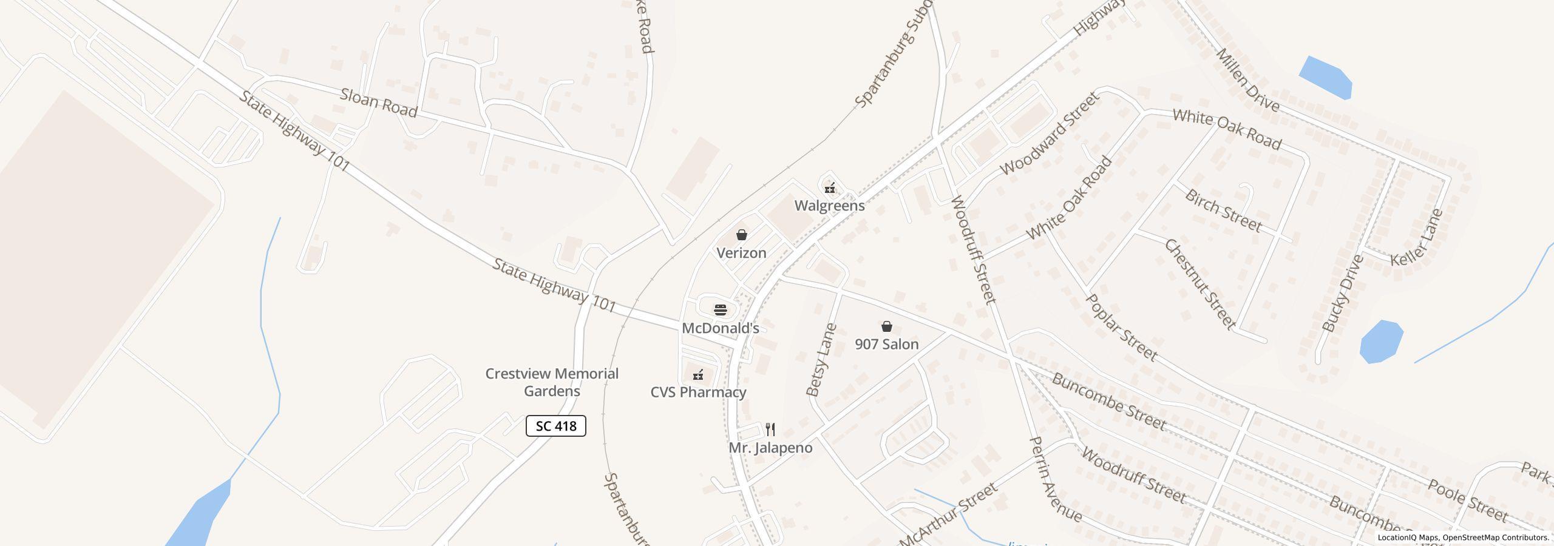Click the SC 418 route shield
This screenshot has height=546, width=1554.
pos(555,426)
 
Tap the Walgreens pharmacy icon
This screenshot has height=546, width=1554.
pos(830,188)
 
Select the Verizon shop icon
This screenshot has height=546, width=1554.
pos(741,235)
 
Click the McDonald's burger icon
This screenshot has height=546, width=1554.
pos(721,310)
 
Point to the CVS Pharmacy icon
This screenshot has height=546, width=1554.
pos(698,375)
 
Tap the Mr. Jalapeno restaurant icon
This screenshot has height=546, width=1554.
pos(770,430)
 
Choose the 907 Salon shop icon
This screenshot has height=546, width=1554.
pos(887,326)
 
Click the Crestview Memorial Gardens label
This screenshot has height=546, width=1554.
pos(552,382)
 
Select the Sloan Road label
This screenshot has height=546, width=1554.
pos(379,103)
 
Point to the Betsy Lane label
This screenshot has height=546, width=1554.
pos(822,360)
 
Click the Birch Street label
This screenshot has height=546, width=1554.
pos(1223,211)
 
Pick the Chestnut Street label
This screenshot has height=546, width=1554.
pos(1199,284)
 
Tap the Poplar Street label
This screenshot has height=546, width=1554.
pos(1121,328)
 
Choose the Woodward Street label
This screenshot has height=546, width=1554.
pos(1049,133)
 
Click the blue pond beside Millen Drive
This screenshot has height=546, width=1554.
pos(1326,77)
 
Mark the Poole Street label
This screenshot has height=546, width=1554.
pos(1468,500)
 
